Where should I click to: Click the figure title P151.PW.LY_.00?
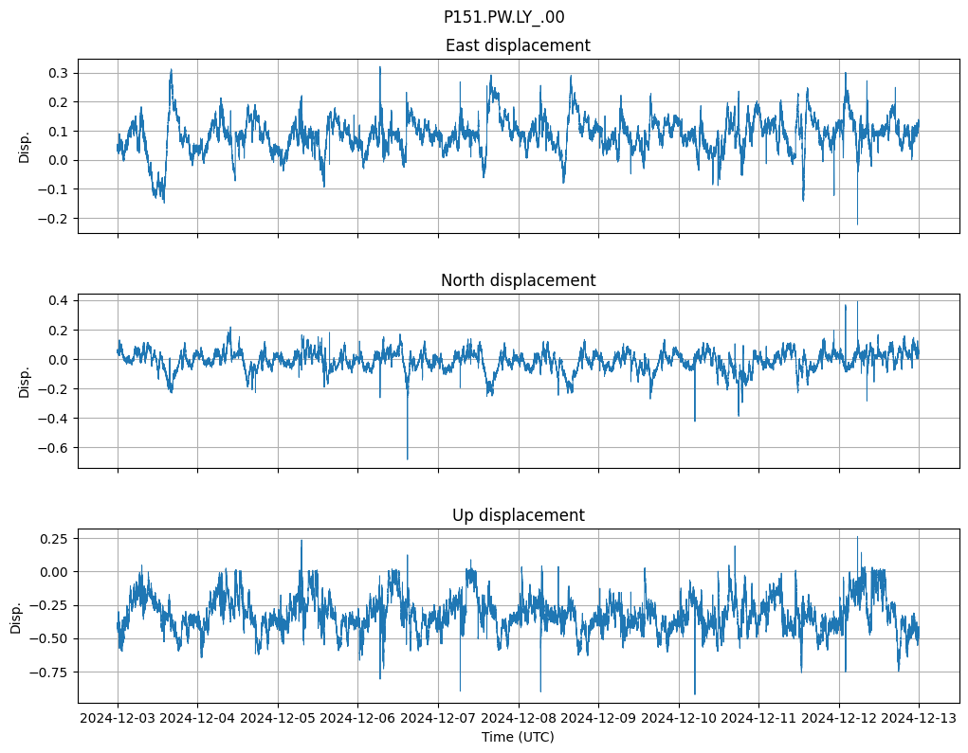point(503,17)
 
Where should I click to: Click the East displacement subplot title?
point(518,45)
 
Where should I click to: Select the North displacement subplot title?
point(518,280)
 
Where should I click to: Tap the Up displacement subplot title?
point(518,515)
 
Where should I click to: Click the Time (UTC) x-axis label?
point(518,737)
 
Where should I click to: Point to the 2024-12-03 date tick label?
point(118,719)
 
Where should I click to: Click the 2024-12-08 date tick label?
point(519,719)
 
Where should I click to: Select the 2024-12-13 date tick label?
point(919,719)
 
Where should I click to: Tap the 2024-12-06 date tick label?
point(358,719)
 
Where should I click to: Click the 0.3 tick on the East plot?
point(59,73)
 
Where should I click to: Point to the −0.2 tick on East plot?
point(55,219)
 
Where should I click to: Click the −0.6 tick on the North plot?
point(55,448)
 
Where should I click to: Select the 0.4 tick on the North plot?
point(59,301)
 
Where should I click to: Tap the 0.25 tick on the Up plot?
point(55,538)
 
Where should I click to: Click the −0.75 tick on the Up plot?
point(51,672)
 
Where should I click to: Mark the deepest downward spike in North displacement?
point(408,458)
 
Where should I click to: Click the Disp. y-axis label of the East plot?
point(25,147)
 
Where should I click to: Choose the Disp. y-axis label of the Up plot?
point(16,617)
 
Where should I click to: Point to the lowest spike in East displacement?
point(857,224)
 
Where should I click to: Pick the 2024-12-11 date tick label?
point(758,719)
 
